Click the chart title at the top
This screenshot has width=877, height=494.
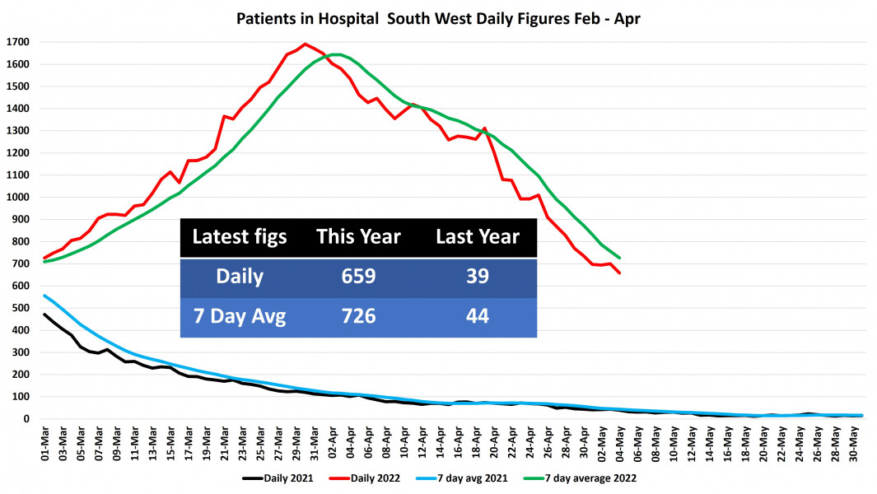pos(439,17)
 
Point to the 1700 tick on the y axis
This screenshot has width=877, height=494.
pos(17,42)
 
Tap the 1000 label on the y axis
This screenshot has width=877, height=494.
pos(17,198)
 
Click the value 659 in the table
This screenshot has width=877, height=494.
pos(358,277)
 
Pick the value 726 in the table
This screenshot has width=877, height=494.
pos(358,316)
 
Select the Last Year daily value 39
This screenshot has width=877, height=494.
pos(478,277)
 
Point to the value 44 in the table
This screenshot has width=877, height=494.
pos(478,316)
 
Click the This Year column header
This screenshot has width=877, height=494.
pos(358,237)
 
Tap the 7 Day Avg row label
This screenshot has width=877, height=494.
pos(239,316)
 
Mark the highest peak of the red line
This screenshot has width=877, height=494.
pos(305,44)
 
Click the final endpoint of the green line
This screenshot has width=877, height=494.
pos(619,258)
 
